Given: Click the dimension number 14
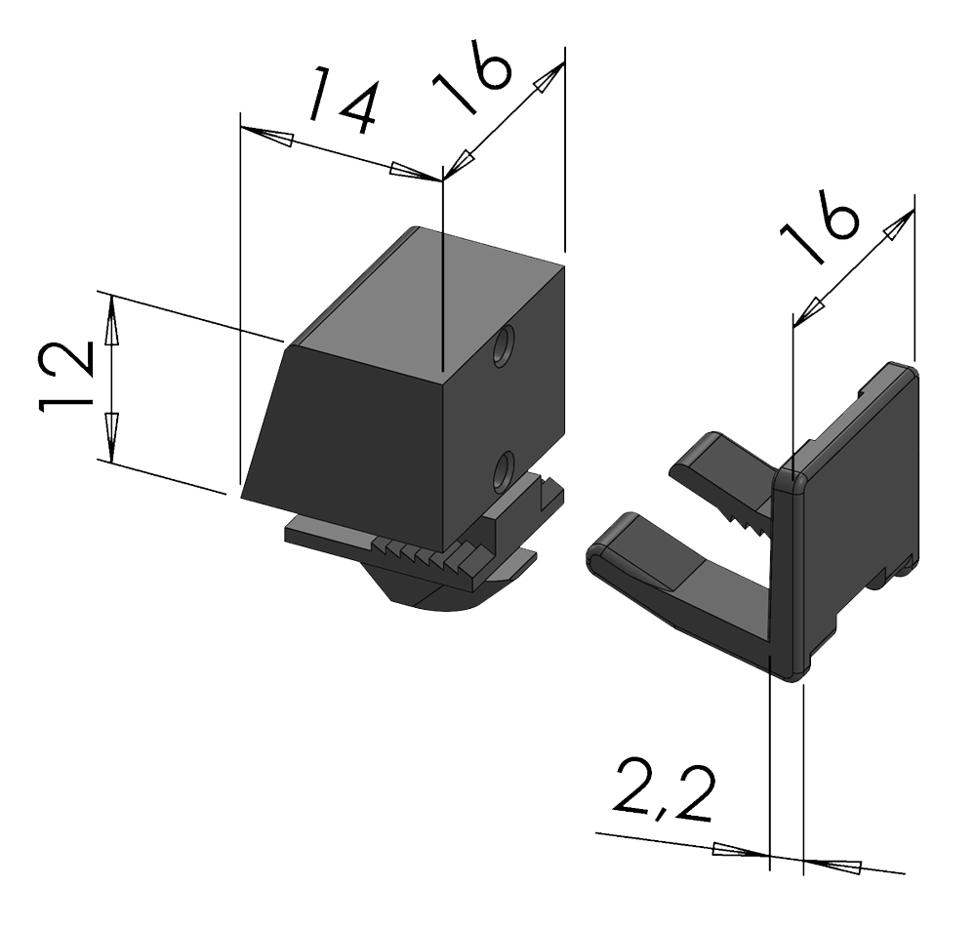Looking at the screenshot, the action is click(343, 101).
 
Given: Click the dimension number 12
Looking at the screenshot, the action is click(66, 377).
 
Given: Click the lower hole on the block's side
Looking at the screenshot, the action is click(502, 471).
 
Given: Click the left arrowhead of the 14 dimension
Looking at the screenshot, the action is click(266, 135).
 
